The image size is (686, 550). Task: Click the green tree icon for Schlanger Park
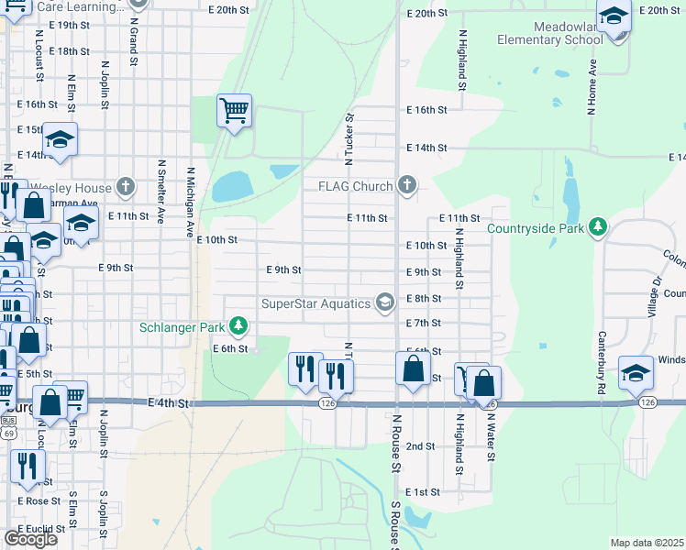[x=238, y=326]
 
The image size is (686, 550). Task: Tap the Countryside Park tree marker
[x=598, y=227]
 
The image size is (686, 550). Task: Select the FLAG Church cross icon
[x=407, y=186]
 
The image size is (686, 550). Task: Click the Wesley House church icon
[x=127, y=188]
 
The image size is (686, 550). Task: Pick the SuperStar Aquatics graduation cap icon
[x=386, y=302]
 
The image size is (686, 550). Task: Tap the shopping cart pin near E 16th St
[x=235, y=112]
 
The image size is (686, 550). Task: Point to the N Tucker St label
[x=349, y=138]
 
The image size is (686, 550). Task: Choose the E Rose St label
[x=37, y=501]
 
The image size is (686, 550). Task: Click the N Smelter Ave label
[x=161, y=192]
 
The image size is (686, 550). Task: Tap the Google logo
[x=30, y=538]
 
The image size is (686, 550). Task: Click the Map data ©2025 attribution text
[x=647, y=543]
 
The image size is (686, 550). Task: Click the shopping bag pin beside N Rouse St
[x=414, y=369]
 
